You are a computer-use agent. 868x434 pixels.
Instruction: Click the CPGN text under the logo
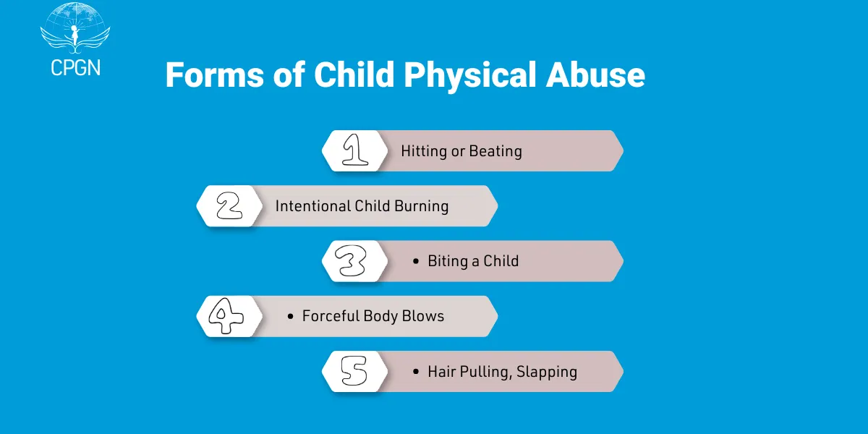75,67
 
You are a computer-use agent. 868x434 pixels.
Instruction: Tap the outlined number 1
354,151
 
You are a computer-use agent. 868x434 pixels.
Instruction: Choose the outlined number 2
229,206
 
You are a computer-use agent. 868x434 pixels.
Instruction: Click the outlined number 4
226,316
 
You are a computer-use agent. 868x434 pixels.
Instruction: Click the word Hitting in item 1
424,152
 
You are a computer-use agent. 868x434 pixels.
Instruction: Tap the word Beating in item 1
495,152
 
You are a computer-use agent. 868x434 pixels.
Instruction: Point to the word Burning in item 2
421,207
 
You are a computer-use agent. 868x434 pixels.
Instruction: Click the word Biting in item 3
448,262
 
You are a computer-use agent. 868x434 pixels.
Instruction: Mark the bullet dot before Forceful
290,317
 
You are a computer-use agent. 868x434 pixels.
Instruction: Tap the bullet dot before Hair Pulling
415,372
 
